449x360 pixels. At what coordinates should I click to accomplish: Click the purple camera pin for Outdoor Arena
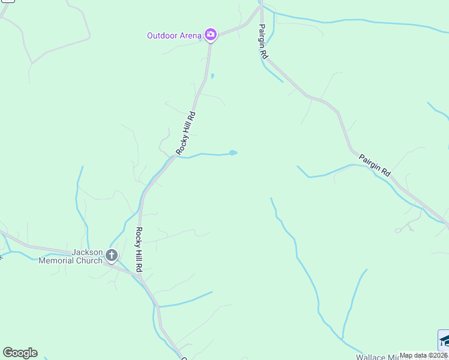coord(210,35)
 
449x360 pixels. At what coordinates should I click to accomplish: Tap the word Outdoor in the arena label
coord(162,35)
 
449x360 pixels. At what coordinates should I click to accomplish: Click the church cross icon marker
coord(111,256)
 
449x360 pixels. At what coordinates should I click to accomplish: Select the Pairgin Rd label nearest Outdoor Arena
coord(263,41)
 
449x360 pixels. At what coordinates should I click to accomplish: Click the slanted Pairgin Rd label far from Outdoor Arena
coord(375,166)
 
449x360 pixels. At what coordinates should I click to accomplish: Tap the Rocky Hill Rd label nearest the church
coord(138,250)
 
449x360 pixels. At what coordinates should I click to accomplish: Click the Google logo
coord(20,353)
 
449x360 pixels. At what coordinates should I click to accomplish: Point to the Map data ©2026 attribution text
coord(424,355)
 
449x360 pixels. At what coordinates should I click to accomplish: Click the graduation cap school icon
coord(444,340)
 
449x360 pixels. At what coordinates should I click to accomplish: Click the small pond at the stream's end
coord(233,152)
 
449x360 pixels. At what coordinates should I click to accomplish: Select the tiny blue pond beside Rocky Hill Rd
coord(212,76)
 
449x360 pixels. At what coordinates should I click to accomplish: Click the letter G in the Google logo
coord(7,353)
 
